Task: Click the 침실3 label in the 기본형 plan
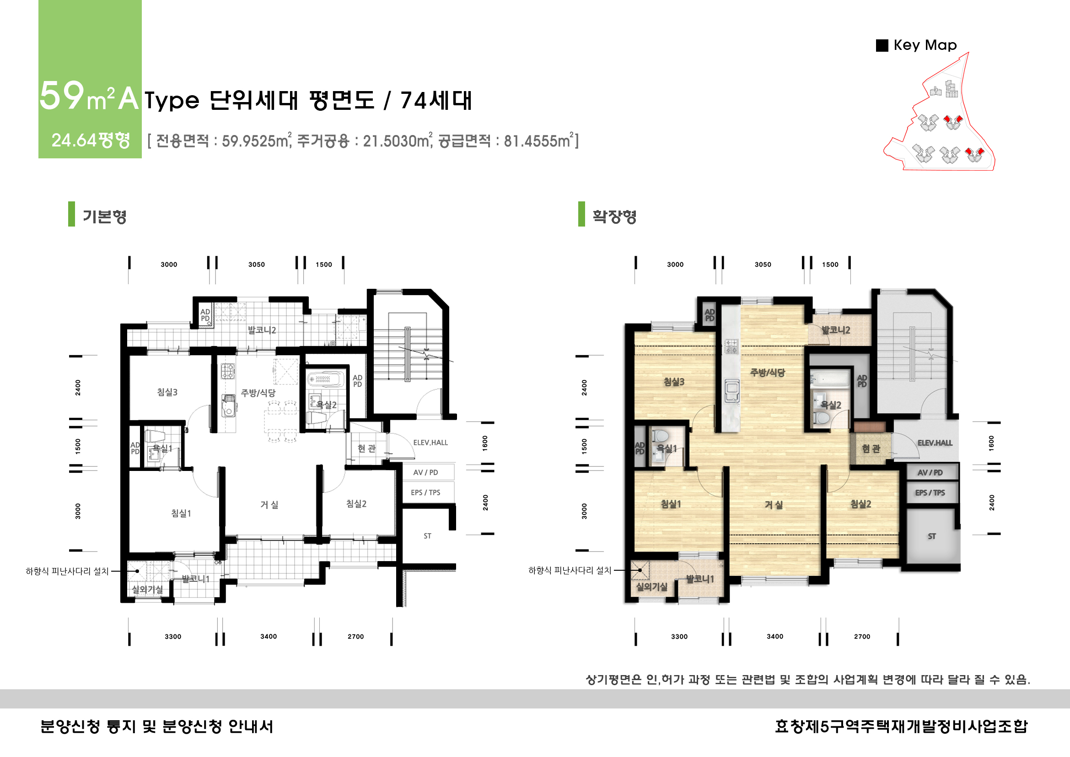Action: [167, 392]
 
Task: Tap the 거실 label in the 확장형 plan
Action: [773, 504]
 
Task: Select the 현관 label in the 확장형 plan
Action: [871, 449]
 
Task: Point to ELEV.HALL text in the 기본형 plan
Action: [430, 443]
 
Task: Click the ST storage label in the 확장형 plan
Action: [931, 536]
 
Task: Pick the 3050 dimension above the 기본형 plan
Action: [256, 264]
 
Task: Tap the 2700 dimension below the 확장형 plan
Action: [862, 636]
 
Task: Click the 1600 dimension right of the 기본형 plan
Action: [485, 443]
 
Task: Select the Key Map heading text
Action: [925, 45]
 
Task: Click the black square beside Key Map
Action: [882, 45]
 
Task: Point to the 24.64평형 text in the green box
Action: [91, 140]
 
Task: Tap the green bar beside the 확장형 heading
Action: [581, 214]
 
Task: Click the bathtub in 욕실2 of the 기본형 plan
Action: [325, 379]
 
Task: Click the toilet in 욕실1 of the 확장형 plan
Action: [660, 436]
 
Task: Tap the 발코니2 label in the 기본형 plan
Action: [262, 330]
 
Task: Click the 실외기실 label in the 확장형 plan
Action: [651, 586]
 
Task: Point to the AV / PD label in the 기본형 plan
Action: [425, 472]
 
